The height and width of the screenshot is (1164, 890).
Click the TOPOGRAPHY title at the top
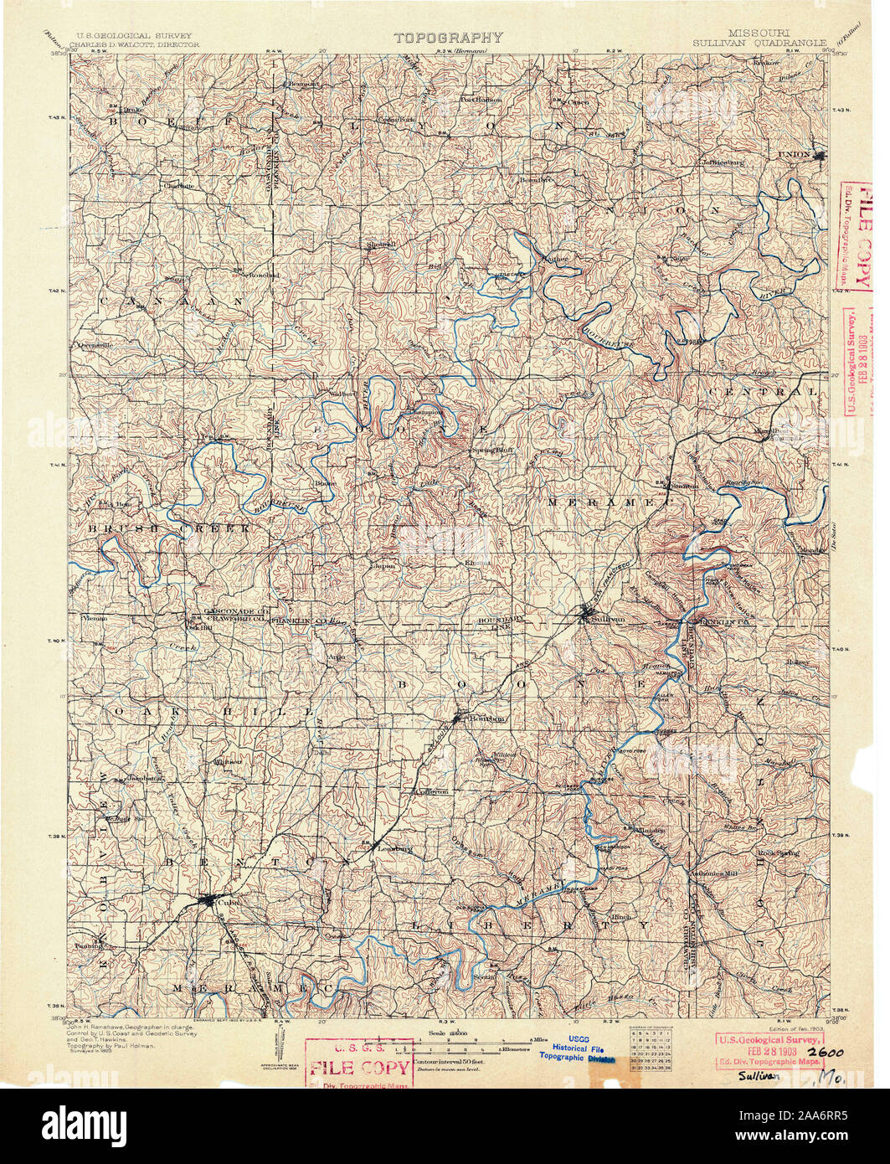pyautogui.click(x=449, y=38)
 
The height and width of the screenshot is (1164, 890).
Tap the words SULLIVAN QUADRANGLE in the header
pyautogui.click(x=759, y=42)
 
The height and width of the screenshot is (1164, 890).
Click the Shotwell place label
pyautogui.click(x=380, y=244)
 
